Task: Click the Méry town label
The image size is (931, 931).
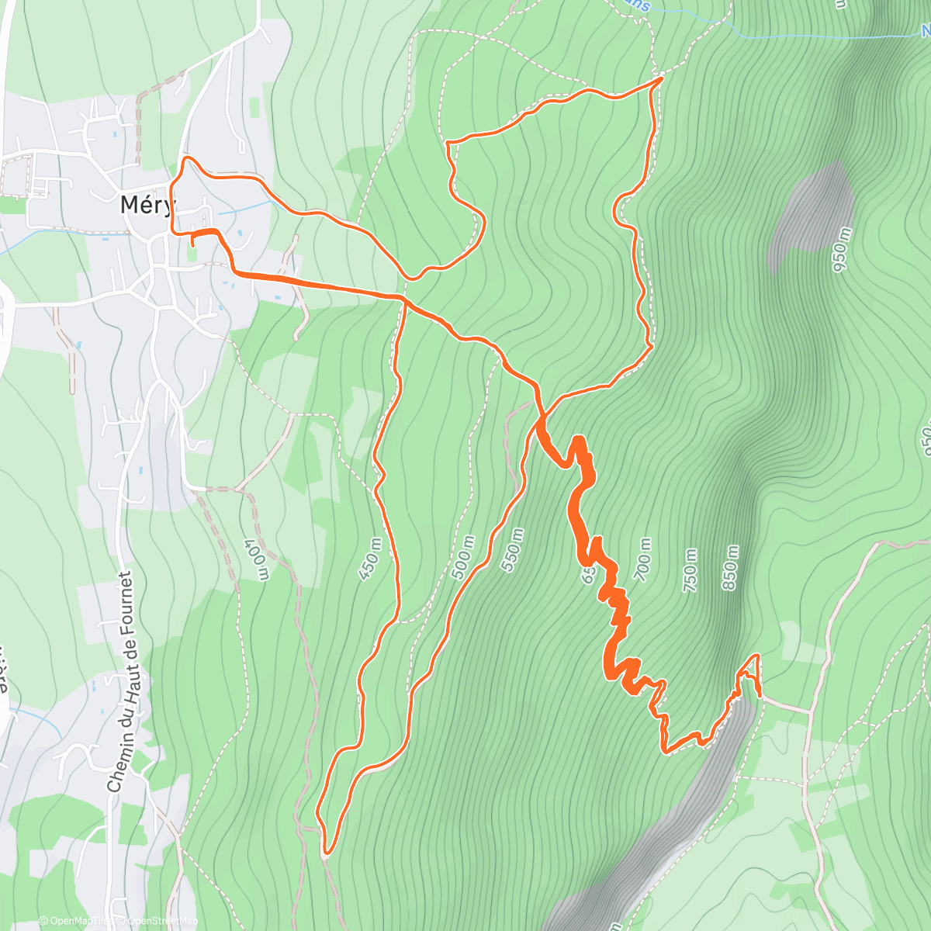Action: [148, 205]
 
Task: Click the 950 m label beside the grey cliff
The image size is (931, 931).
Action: [842, 250]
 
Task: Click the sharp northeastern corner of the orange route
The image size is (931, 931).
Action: [660, 78]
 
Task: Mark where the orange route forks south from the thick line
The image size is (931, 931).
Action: [404, 299]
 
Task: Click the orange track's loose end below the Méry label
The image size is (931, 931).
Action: [192, 245]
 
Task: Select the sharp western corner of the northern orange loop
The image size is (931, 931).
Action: [448, 142]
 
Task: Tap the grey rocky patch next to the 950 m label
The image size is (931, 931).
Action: [811, 209]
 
